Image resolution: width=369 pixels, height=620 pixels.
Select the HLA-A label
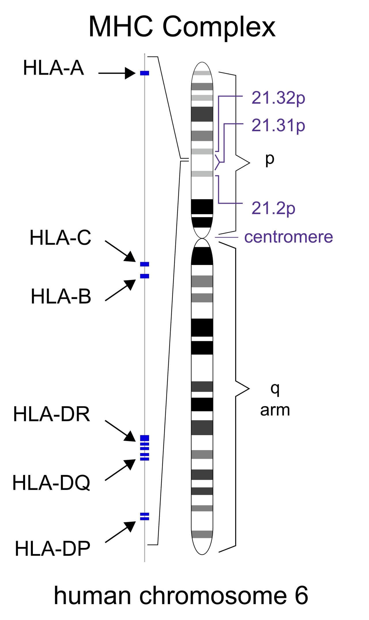coord(54,68)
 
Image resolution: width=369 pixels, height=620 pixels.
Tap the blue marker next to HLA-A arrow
coord(144,73)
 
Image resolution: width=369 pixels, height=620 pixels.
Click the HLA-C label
coord(61,238)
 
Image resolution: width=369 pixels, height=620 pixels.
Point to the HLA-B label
coord(61,296)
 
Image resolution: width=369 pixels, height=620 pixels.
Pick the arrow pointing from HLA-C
coord(120,251)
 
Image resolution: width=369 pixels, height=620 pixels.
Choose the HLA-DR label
coord(52,414)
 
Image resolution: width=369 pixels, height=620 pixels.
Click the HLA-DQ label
coord(51,483)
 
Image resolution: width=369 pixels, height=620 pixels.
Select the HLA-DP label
coord(52,548)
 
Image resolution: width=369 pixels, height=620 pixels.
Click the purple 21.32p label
coord(278,98)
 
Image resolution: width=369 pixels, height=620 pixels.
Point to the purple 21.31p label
coord(278,126)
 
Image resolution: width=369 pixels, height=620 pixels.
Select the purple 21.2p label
coord(273,208)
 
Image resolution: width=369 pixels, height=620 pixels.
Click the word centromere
coord(289,237)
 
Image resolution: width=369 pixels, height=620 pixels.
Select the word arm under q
coord(275,410)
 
